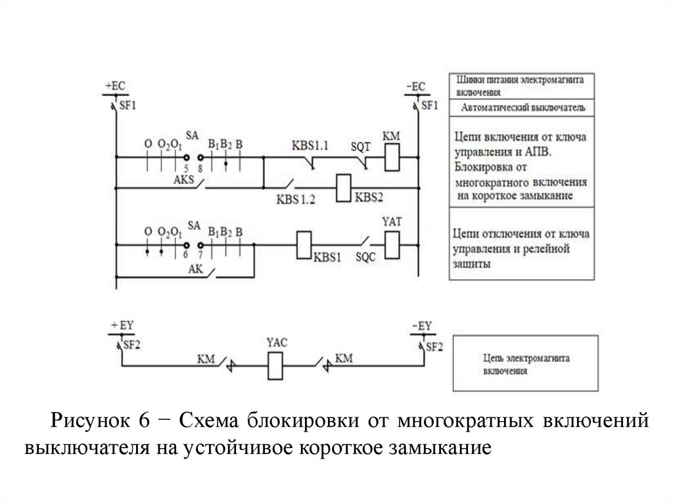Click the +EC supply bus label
(x=114, y=86)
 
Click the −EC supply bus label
(x=415, y=86)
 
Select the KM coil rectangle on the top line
(x=392, y=157)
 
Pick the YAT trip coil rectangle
(x=392, y=244)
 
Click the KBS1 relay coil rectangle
(x=304, y=244)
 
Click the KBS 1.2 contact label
(x=296, y=201)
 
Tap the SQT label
(x=361, y=147)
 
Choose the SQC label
(x=365, y=258)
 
